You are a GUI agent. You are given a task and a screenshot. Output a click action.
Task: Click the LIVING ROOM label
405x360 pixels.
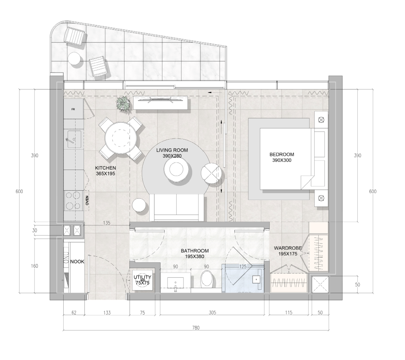pyautogui.click(x=172, y=150)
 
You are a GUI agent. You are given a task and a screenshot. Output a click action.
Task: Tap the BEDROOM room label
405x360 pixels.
pyautogui.click(x=281, y=155)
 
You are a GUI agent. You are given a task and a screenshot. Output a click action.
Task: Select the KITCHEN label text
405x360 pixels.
pyautogui.click(x=105, y=168)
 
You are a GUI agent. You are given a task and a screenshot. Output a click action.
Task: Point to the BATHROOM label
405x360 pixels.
pyautogui.click(x=195, y=251)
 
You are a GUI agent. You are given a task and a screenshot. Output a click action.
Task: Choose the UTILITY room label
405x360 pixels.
pyautogui.click(x=142, y=278)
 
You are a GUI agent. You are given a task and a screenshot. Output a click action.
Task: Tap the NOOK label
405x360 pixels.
pyautogui.click(x=77, y=262)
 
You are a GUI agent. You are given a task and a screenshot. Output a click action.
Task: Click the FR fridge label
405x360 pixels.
pyautogui.click(x=73, y=109)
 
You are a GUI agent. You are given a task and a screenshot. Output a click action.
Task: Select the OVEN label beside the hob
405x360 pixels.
pyautogui.click(x=88, y=200)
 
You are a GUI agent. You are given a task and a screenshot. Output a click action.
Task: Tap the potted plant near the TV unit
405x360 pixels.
pyautogui.click(x=123, y=104)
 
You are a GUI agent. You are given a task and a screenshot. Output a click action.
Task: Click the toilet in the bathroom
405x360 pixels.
pyautogui.click(x=207, y=279)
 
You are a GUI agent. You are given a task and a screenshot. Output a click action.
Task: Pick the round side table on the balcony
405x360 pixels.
pyautogui.click(x=74, y=59)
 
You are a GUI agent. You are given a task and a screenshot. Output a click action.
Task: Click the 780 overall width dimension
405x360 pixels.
pyautogui.click(x=196, y=328)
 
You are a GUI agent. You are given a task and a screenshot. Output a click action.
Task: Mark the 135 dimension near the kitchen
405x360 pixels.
pyautogui.click(x=107, y=223)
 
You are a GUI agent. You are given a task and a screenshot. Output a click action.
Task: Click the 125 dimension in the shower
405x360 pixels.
pyautogui.click(x=243, y=267)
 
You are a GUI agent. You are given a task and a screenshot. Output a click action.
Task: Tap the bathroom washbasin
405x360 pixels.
pyautogui.click(x=175, y=283)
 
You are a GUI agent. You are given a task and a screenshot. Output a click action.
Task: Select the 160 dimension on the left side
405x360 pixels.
pyautogui.click(x=35, y=266)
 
